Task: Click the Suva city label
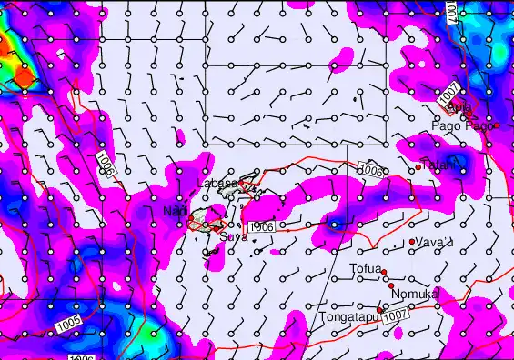point(233,236)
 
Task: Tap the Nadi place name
point(174,212)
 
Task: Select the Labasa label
point(217,183)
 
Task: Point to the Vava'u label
point(436,242)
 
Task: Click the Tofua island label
point(365,268)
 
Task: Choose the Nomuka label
point(415,294)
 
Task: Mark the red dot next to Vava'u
point(413,241)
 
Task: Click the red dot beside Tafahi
point(418,166)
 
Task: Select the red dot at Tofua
point(385,273)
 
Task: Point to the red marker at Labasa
point(241,184)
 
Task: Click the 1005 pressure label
point(68,322)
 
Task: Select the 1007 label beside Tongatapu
point(395,314)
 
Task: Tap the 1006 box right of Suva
point(260,225)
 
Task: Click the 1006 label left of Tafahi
point(369,169)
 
